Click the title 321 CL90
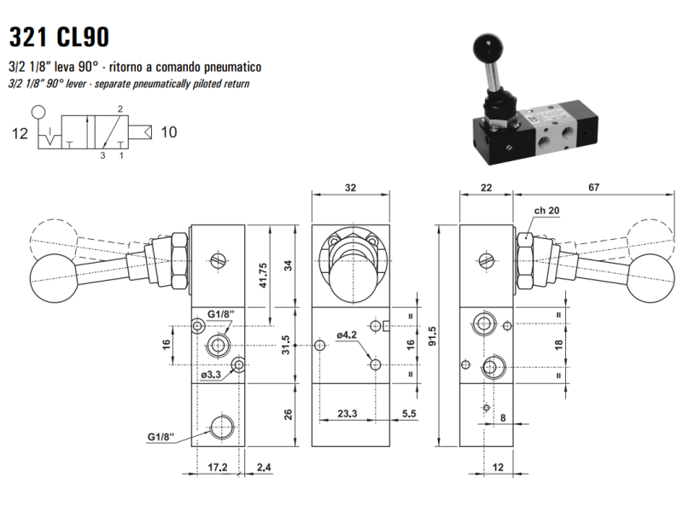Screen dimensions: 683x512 click(59, 37)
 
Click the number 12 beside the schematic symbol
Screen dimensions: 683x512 click(20, 134)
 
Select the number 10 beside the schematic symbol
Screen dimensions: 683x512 click(169, 132)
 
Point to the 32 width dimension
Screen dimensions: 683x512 click(350, 188)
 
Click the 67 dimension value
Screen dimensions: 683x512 click(593, 187)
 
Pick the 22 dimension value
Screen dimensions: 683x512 click(486, 188)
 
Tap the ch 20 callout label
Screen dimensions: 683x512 click(546, 211)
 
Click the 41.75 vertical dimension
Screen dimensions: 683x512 click(263, 275)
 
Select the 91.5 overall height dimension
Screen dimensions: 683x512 click(432, 336)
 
